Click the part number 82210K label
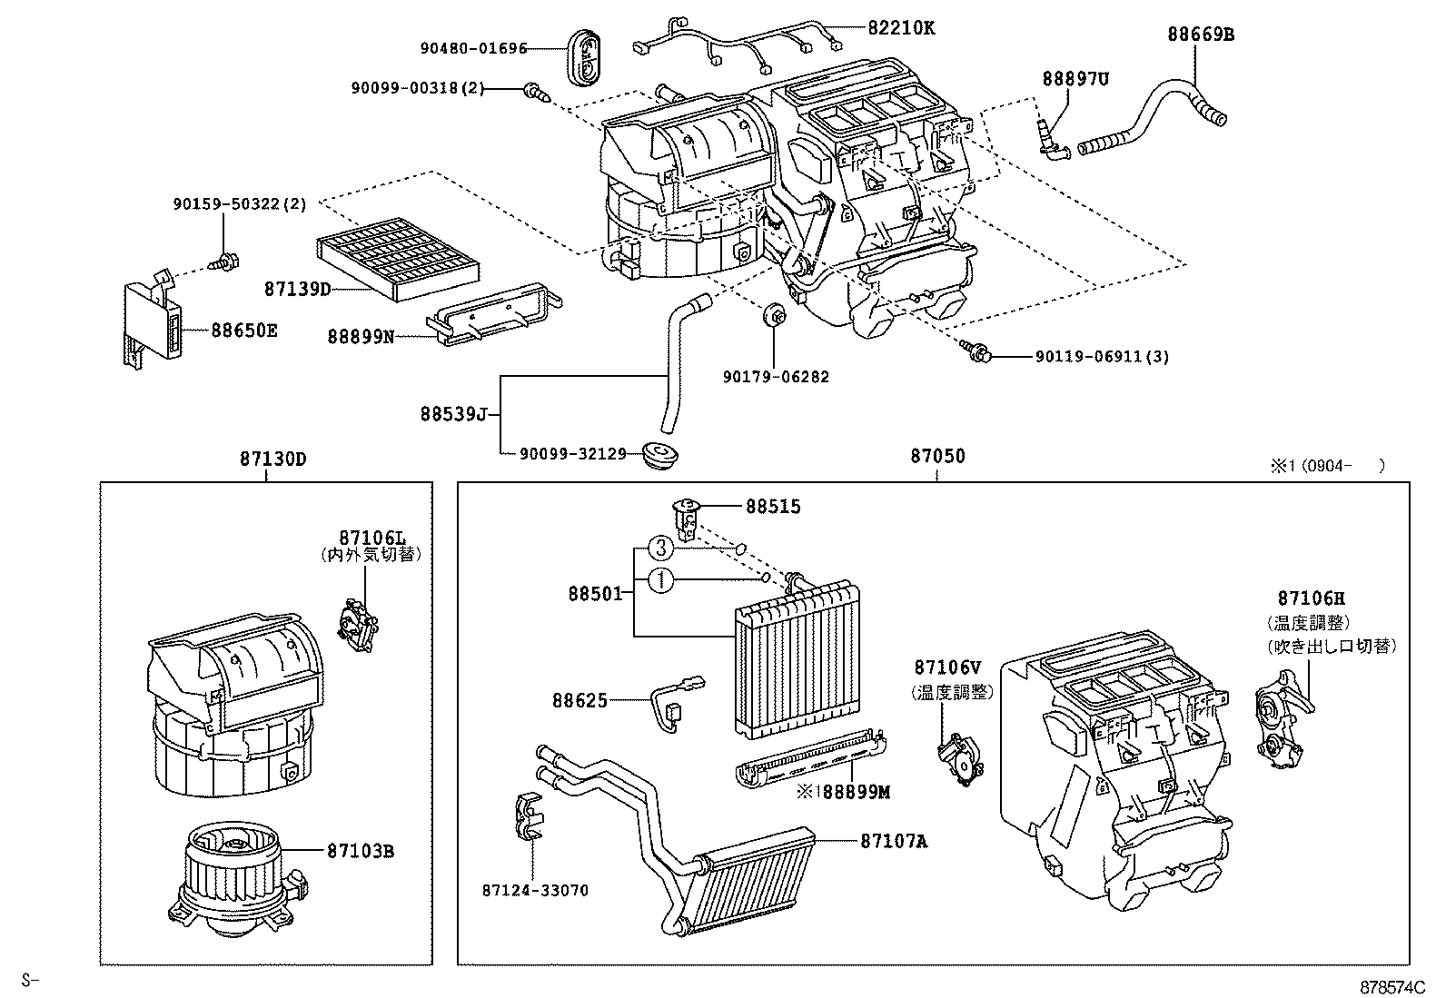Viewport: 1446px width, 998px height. [900, 27]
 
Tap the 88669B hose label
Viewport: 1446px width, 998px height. [1201, 35]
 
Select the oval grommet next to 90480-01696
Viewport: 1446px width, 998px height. [589, 56]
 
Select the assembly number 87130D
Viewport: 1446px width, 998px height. [272, 459]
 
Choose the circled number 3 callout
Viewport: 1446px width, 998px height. [661, 548]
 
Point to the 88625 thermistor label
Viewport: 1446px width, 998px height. [579, 700]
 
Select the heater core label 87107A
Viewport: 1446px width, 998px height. [894, 841]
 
